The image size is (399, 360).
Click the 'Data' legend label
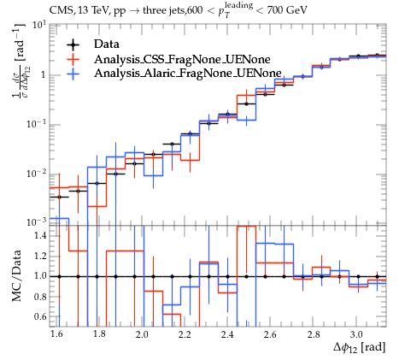pyautogui.click(x=107, y=44)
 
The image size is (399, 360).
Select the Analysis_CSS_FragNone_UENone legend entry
pyautogui.click(x=182, y=59)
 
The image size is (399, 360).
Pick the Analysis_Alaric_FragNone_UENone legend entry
pyautogui.click(x=188, y=74)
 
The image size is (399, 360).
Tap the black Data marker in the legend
pyautogui.click(x=73, y=44)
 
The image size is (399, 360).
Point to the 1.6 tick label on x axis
pyautogui.click(x=56, y=334)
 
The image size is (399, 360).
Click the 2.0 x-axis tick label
pyautogui.click(x=142, y=334)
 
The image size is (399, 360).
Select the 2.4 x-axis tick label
pyautogui.click(x=227, y=334)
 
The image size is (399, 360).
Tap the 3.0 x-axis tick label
pyautogui.click(x=356, y=334)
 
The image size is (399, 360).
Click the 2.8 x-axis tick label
pyautogui.click(x=314, y=334)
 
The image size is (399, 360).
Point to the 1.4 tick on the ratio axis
pyautogui.click(x=40, y=236)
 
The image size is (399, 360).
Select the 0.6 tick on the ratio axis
pyautogui.click(x=40, y=316)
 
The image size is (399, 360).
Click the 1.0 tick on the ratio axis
pyautogui.click(x=40, y=276)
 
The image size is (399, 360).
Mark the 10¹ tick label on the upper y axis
pyautogui.click(x=39, y=26)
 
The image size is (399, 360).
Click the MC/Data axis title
pyautogui.click(x=17, y=276)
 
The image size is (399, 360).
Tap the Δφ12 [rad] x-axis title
pyautogui.click(x=360, y=348)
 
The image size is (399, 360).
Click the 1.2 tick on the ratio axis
pyautogui.click(x=40, y=256)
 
